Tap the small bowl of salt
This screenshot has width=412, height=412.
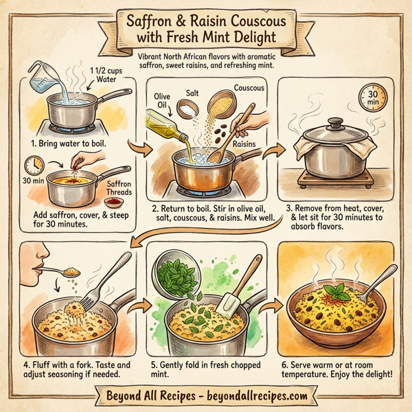point(186,108)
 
